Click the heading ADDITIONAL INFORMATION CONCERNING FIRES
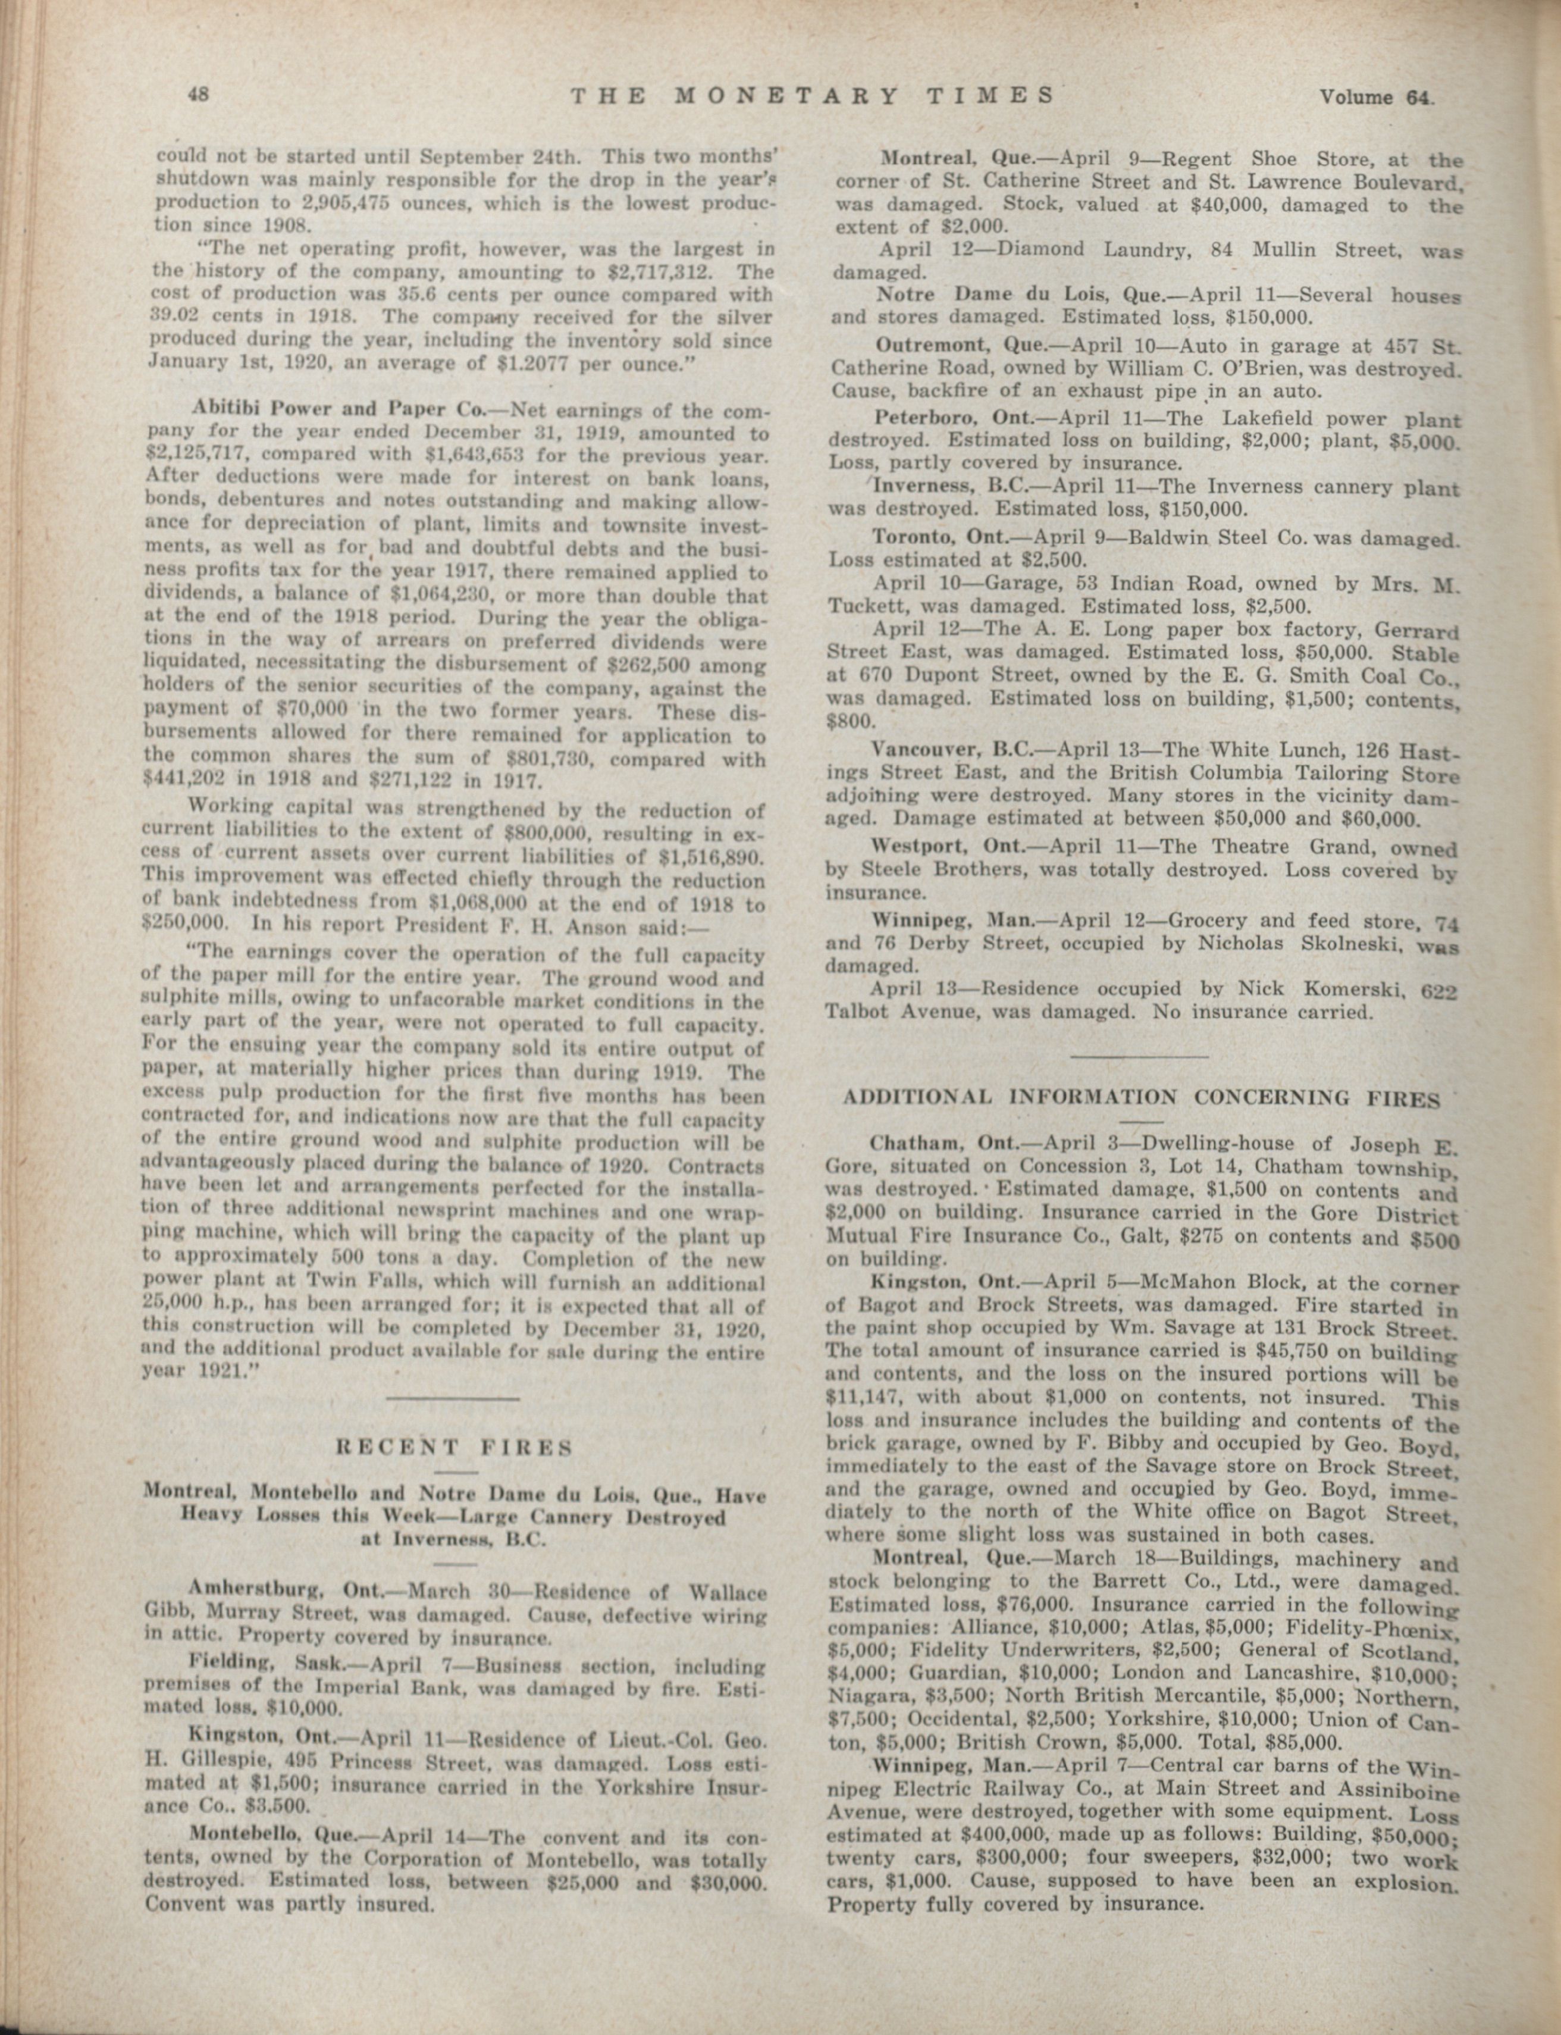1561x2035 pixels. (x=1141, y=1098)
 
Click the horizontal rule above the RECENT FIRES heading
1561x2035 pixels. (x=453, y=1398)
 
